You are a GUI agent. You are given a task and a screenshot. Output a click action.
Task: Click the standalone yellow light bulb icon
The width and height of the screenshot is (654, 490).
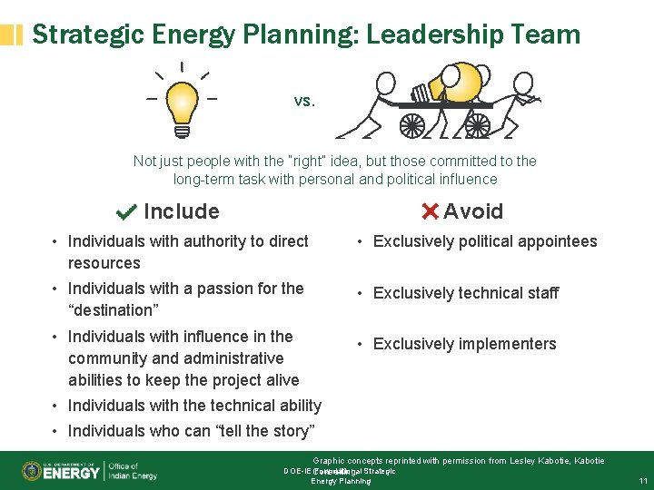(x=182, y=103)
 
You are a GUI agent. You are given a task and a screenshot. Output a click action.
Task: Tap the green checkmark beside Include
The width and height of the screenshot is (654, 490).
(x=127, y=212)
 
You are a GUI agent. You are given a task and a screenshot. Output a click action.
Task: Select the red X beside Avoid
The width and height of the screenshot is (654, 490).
(x=431, y=211)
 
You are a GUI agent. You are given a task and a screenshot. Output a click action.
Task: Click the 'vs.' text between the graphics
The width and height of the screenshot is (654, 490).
(x=304, y=101)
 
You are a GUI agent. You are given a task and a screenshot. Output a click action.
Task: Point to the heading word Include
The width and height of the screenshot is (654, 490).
(x=182, y=211)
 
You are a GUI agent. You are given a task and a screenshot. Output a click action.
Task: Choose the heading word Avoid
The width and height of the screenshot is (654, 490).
(x=473, y=211)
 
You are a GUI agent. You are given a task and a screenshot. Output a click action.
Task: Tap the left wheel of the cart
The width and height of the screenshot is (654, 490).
(x=411, y=124)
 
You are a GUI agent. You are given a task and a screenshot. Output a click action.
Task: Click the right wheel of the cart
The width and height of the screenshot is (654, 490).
(x=477, y=124)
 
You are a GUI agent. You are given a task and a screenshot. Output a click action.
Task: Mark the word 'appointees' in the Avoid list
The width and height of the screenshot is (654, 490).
(x=557, y=241)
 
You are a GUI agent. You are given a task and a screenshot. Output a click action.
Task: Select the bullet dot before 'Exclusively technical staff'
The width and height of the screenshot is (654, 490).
(x=361, y=293)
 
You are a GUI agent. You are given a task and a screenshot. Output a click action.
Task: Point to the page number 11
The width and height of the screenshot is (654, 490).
(x=642, y=480)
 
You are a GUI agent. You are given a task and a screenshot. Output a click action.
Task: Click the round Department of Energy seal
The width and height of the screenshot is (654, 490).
(x=31, y=471)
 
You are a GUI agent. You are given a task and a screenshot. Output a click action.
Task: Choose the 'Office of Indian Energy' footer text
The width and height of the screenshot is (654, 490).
(x=133, y=471)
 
